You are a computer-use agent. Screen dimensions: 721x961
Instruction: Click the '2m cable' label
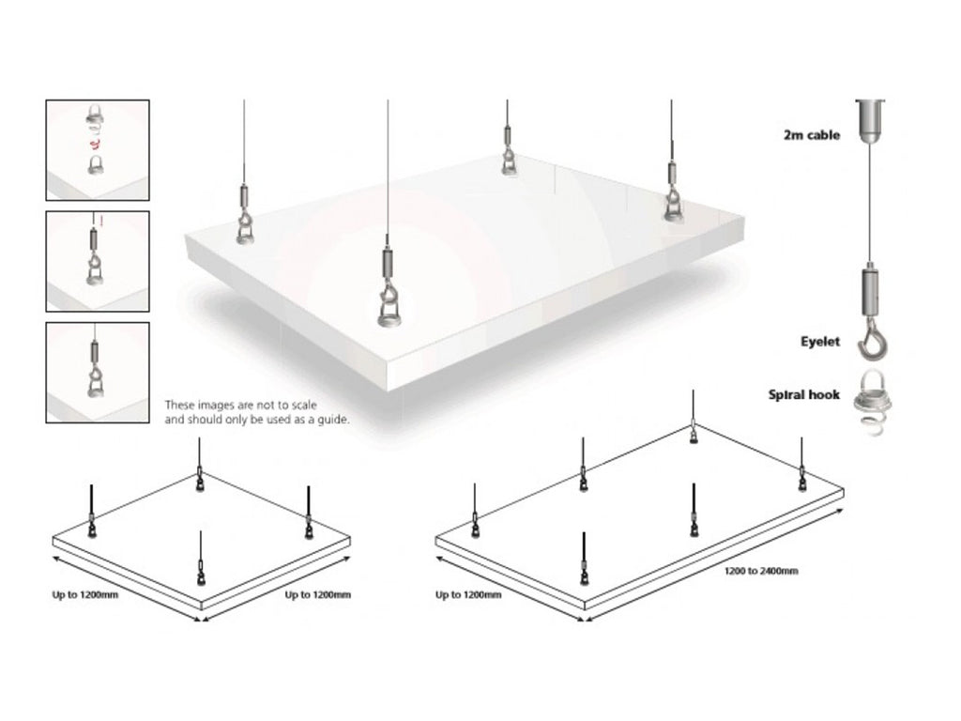click(x=812, y=136)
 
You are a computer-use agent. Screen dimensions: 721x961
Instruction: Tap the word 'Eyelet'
click(x=819, y=343)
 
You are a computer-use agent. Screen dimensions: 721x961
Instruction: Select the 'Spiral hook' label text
click(x=804, y=395)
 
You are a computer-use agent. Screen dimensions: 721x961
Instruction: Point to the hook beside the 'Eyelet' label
click(x=871, y=343)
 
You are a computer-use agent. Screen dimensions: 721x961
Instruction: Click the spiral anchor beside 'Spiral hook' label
click(x=871, y=411)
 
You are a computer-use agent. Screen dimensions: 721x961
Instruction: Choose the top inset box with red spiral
click(x=98, y=149)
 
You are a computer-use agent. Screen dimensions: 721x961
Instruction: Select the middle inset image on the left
click(x=98, y=261)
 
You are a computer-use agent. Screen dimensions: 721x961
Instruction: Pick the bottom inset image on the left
click(x=98, y=372)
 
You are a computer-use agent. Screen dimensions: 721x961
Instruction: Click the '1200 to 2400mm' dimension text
click(x=760, y=572)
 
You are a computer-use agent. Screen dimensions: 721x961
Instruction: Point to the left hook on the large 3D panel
click(x=245, y=221)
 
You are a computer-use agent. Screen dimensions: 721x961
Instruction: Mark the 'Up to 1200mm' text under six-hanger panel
click(x=468, y=595)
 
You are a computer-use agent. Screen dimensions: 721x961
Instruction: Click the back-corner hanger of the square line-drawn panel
click(x=200, y=479)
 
